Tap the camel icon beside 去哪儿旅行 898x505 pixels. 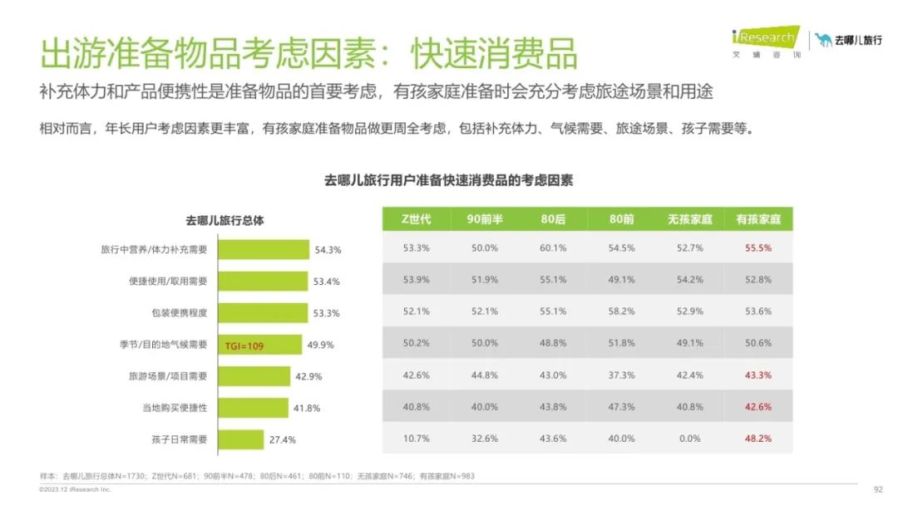tap(823, 40)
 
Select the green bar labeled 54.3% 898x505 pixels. tap(264, 249)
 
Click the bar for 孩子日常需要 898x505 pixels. tap(240, 439)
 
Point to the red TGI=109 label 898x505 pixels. tap(244, 346)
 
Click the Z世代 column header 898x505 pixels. tap(416, 219)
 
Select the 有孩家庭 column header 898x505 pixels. tap(758, 219)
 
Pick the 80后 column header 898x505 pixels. tap(553, 219)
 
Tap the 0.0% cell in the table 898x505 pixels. tap(690, 439)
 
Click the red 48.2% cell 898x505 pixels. tap(758, 439)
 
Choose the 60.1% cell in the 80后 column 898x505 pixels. tap(553, 248)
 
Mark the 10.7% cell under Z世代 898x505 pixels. tap(416, 439)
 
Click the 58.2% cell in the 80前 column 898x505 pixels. tap(621, 311)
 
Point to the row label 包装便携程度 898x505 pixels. tap(179, 313)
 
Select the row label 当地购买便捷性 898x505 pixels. tap(174, 408)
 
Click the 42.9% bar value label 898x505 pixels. tap(308, 377)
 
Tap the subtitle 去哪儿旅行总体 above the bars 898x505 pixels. tap(224, 220)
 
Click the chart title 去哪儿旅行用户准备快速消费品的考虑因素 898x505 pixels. tap(448, 180)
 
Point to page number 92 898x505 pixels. tap(877, 489)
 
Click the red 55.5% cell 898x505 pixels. tap(758, 248)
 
